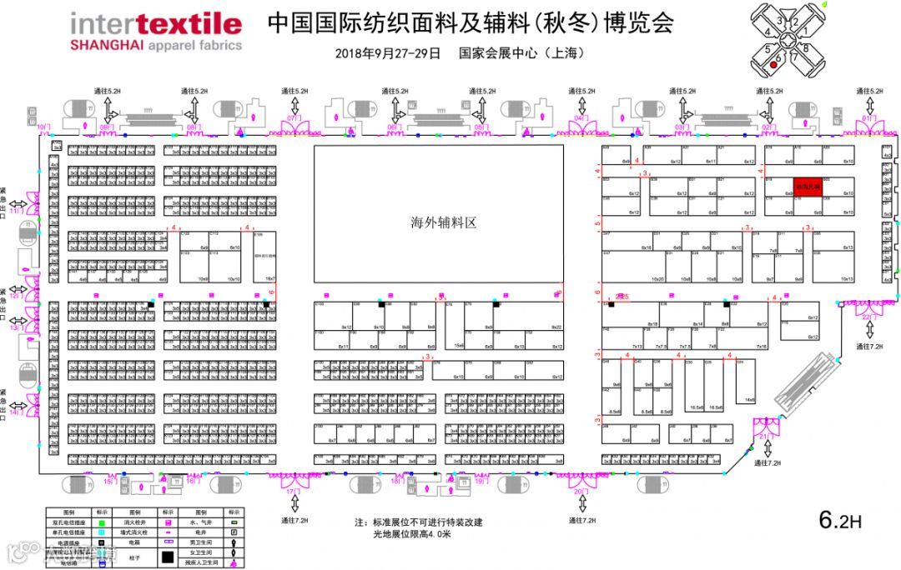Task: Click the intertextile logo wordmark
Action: [156, 24]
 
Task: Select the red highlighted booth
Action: [807, 187]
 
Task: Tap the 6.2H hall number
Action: [840, 520]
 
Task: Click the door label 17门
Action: [293, 492]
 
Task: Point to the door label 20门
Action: [582, 492]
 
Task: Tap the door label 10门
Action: [44, 127]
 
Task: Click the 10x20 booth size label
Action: [657, 279]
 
